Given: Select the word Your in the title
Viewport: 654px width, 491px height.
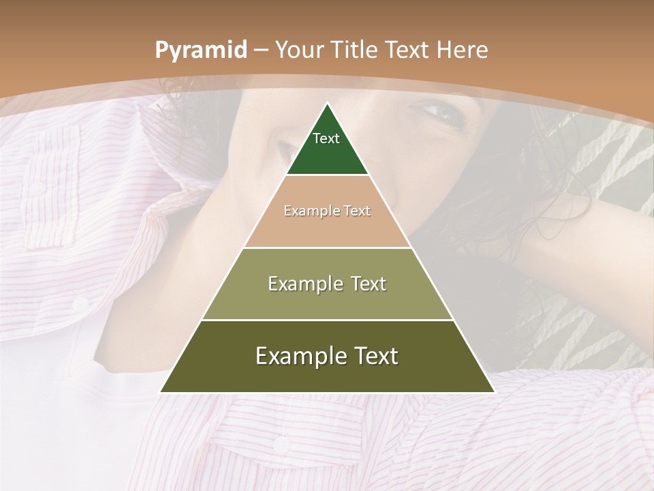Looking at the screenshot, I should tap(300, 50).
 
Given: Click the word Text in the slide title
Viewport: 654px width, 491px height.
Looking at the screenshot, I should tap(407, 50).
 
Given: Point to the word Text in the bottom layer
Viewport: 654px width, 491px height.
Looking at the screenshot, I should tap(375, 356).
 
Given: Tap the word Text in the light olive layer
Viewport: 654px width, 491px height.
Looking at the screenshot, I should tap(369, 284).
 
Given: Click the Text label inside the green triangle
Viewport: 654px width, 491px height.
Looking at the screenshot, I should tap(326, 138).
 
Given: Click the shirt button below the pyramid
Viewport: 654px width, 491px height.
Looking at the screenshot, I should tap(281, 445).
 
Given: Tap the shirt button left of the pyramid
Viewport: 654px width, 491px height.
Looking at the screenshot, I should tap(80, 302).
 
